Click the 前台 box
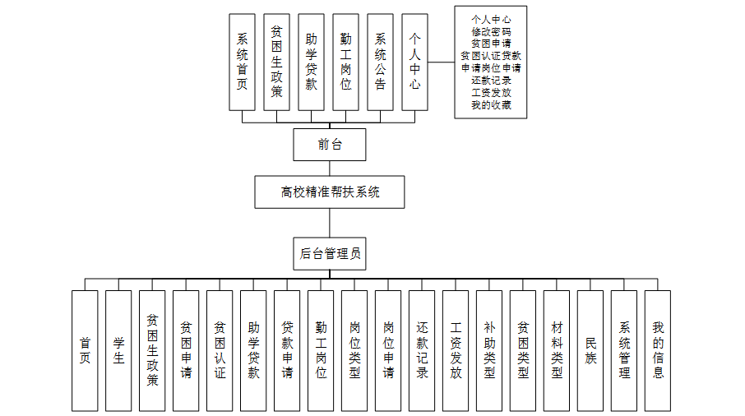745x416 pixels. pyautogui.click(x=329, y=145)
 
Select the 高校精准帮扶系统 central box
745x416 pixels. pyautogui.click(x=329, y=192)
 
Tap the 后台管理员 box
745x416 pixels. pyautogui.click(x=329, y=254)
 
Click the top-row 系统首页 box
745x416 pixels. pyautogui.click(x=242, y=62)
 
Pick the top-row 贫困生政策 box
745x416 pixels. pyautogui.click(x=276, y=62)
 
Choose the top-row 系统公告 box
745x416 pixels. pyautogui.click(x=380, y=62)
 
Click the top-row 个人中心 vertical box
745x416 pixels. pyautogui.click(x=414, y=62)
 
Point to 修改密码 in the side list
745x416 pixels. pyautogui.click(x=491, y=30)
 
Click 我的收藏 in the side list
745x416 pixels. pyautogui.click(x=491, y=104)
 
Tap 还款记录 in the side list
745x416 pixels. pyautogui.click(x=491, y=81)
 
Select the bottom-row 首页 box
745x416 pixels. pyautogui.click(x=85, y=350)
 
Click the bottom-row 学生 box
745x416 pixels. pyautogui.click(x=118, y=350)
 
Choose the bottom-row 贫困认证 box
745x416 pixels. pyautogui.click(x=220, y=350)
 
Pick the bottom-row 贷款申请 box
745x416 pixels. pyautogui.click(x=287, y=350)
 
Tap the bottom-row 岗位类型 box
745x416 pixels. pyautogui.click(x=354, y=350)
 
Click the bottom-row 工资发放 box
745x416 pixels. pyautogui.click(x=456, y=350)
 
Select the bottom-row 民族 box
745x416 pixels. pyautogui.click(x=590, y=350)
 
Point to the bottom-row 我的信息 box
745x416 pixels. pyautogui.click(x=658, y=350)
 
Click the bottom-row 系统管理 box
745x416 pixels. pyautogui.click(x=624, y=350)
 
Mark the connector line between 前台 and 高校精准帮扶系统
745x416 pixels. pyautogui.click(x=330, y=168)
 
